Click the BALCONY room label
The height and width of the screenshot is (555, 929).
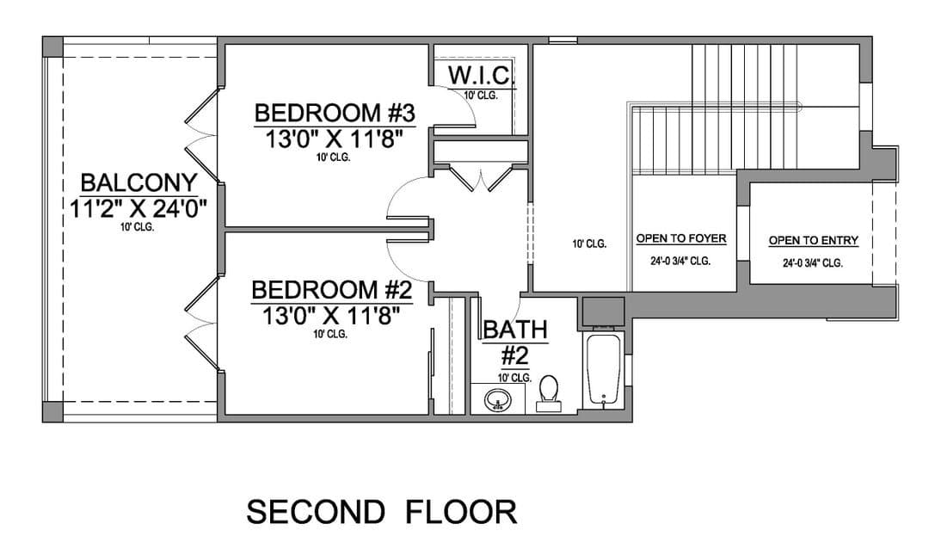[138, 183]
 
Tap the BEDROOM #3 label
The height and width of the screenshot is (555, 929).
[335, 113]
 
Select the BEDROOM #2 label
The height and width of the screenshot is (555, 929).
[331, 290]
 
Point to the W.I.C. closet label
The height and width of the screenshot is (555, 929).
[479, 76]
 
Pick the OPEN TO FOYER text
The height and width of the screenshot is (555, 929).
[681, 238]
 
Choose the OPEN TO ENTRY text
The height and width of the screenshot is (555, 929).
[814, 240]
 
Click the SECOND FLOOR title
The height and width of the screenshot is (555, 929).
[382, 512]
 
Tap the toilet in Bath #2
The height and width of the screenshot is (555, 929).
[548, 393]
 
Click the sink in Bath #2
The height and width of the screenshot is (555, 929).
[498, 401]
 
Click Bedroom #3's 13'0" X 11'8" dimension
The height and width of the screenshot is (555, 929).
[334, 139]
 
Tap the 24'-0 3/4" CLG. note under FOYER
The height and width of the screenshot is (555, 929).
[680, 261]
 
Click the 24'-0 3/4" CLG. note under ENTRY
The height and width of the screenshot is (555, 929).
[813, 262]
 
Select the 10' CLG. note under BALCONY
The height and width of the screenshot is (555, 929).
[137, 227]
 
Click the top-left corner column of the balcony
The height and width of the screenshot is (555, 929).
[52, 46]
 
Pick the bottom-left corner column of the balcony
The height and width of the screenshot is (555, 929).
[52, 412]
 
